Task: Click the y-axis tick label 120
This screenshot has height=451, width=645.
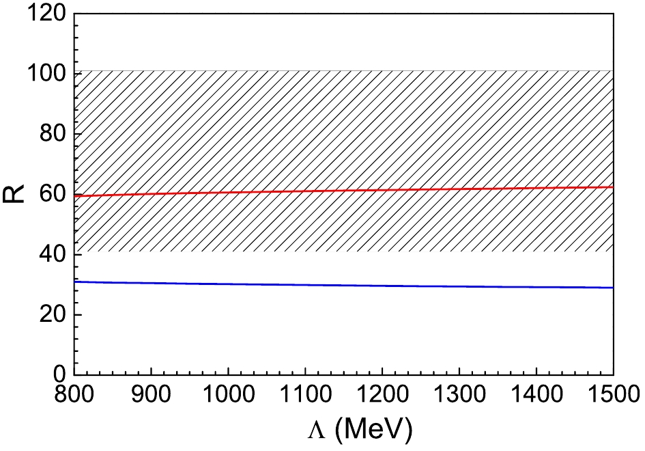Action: (44, 13)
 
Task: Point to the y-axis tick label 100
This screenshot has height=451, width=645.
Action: (44, 73)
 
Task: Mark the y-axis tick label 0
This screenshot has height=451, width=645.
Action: (57, 374)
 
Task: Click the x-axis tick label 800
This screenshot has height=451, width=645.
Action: (74, 396)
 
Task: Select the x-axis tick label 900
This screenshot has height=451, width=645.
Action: (150, 396)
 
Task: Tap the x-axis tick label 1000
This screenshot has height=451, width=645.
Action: (227, 396)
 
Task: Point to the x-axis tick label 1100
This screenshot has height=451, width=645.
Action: (304, 396)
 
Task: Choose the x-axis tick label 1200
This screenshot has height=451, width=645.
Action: (382, 396)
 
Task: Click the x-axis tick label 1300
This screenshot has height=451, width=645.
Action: (459, 396)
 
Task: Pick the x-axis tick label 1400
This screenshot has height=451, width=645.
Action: (536, 396)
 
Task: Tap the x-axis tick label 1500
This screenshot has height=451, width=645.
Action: (611, 396)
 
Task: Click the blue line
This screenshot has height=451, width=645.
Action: (341, 285)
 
